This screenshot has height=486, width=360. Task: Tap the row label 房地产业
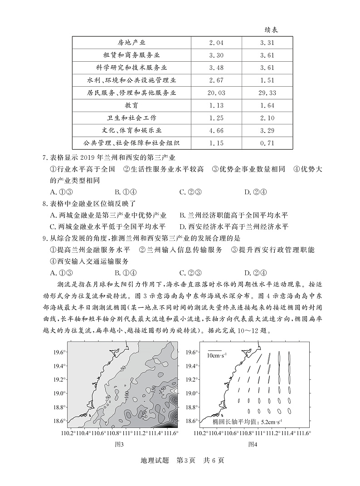[131, 43]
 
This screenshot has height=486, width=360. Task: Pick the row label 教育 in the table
[131, 105]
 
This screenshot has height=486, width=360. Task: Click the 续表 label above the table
[271, 29]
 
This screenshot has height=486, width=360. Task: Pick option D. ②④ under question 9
[254, 273]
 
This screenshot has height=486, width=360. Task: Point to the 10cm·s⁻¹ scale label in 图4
[217, 355]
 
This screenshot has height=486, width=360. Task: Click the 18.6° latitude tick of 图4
[192, 421]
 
